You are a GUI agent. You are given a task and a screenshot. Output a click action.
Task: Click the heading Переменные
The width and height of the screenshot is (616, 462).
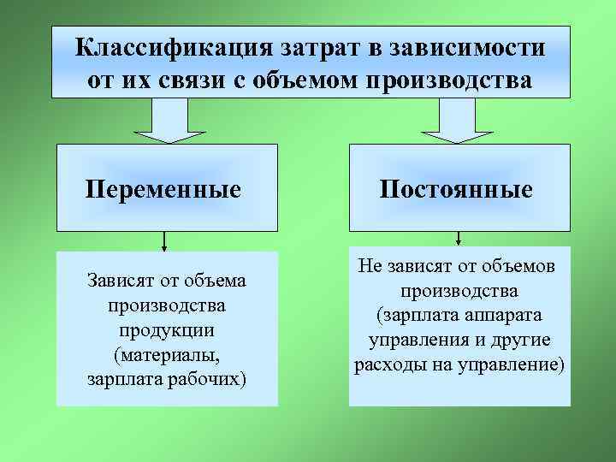[x=163, y=188]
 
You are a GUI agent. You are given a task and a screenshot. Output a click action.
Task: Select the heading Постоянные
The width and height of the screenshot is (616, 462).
[x=459, y=188]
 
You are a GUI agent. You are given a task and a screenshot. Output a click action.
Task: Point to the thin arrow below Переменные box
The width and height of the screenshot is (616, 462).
[x=163, y=241]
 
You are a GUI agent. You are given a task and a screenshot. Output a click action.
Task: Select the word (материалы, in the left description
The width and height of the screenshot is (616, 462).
[x=167, y=354]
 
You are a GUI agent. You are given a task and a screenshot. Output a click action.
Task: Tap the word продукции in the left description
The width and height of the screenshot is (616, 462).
[x=167, y=329]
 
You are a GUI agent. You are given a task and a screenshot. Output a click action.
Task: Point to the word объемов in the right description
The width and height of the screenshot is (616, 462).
[x=513, y=266]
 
